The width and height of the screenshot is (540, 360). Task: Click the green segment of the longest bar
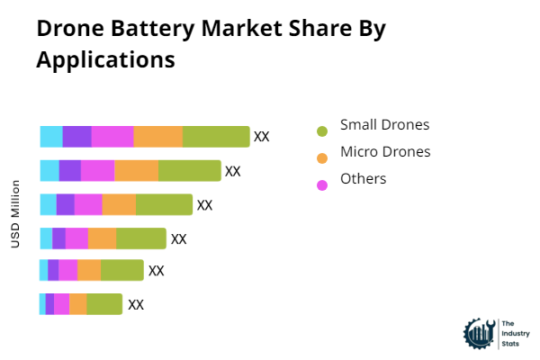click(x=216, y=137)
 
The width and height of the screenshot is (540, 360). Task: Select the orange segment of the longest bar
click(x=158, y=137)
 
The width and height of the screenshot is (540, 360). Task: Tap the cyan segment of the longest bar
click(x=51, y=137)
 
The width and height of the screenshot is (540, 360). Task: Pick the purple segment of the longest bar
click(x=76, y=137)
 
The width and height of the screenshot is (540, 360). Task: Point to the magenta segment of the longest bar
click(x=112, y=137)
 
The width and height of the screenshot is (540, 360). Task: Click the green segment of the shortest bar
click(x=104, y=304)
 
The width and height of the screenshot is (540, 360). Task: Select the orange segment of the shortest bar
click(x=78, y=304)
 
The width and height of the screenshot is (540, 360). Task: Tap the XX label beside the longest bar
click(x=262, y=137)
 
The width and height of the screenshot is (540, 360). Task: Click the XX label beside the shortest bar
click(x=136, y=304)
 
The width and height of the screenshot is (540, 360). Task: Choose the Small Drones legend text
click(x=384, y=124)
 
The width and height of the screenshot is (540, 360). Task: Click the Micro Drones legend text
click(x=385, y=151)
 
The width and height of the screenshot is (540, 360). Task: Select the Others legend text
click(x=363, y=178)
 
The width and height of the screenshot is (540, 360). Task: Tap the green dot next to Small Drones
click(x=322, y=131)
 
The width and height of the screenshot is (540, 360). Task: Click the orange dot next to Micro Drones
click(x=322, y=158)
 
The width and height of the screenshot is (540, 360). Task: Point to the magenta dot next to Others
click(x=322, y=185)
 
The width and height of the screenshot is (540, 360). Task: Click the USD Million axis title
click(x=15, y=214)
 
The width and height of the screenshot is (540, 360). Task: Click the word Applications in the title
click(x=105, y=60)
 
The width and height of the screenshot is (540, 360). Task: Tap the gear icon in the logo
click(x=478, y=333)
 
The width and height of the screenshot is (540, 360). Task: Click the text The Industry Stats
click(x=512, y=333)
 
